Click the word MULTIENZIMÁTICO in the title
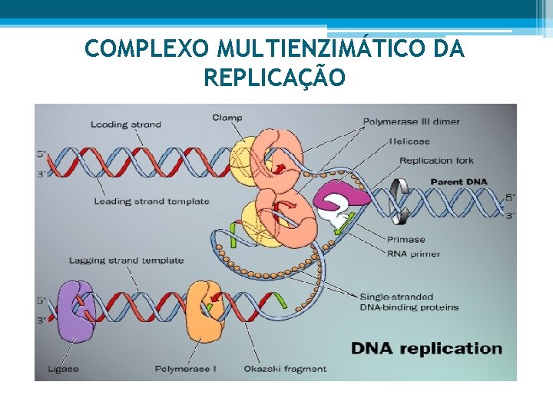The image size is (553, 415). coord(322,48)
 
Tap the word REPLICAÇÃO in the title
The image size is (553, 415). coord(275,78)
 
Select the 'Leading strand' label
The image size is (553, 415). coord(126,124)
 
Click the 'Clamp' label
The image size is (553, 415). coord(227,118)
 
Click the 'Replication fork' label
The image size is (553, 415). coord(436,161)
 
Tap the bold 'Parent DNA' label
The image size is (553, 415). coord(457,181)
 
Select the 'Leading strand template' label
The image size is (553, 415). coord(151,201)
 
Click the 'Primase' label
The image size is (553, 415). coord(406,240)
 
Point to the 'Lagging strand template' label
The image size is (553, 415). coord(127,260)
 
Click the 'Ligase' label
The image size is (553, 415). coord(62,369)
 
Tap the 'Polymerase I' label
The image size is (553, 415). coord(185,369)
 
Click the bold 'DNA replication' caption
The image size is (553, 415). coord(426,348)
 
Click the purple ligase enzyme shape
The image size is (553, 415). coord(74,311)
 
